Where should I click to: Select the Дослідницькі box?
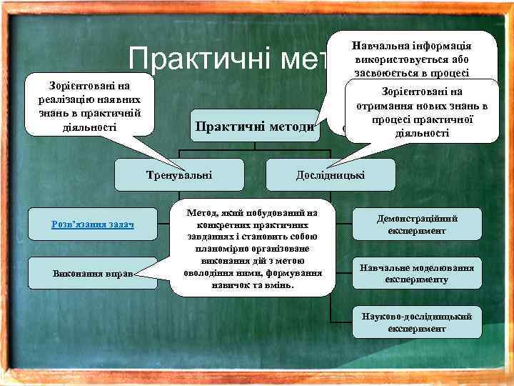coord(330,174)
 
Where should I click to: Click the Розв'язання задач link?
coord(92,224)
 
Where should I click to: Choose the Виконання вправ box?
coord(92,273)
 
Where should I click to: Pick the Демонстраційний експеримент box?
coord(417,224)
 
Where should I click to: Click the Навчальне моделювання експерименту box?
coord(417,273)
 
